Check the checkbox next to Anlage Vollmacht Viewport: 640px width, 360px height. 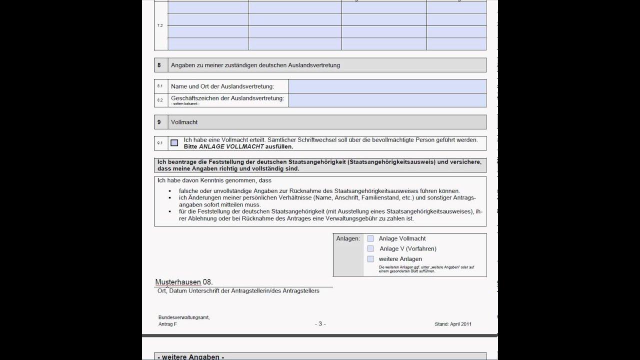[370, 238]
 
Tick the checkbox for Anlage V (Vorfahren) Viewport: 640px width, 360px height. [370, 248]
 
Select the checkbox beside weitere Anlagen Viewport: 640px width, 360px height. [370, 259]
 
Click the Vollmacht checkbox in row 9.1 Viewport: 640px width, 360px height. [174, 143]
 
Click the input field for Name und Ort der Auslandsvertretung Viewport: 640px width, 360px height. [387, 86]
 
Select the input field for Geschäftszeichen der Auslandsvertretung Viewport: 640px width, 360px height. [387, 100]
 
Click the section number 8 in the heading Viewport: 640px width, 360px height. [159, 65]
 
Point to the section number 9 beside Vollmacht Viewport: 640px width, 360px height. [159, 122]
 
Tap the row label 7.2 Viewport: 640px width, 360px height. [160, 25]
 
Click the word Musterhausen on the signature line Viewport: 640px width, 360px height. [178, 282]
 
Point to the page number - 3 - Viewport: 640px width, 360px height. [320, 324]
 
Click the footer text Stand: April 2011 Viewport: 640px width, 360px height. [453, 324]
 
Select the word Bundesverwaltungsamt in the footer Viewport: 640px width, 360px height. [183, 317]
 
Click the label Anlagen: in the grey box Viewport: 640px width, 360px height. [348, 238]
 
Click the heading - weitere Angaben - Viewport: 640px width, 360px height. [190, 357]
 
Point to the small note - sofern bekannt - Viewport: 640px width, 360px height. [185, 103]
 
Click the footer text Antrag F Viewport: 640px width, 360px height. [167, 324]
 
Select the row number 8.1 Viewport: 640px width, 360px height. [160, 86]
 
